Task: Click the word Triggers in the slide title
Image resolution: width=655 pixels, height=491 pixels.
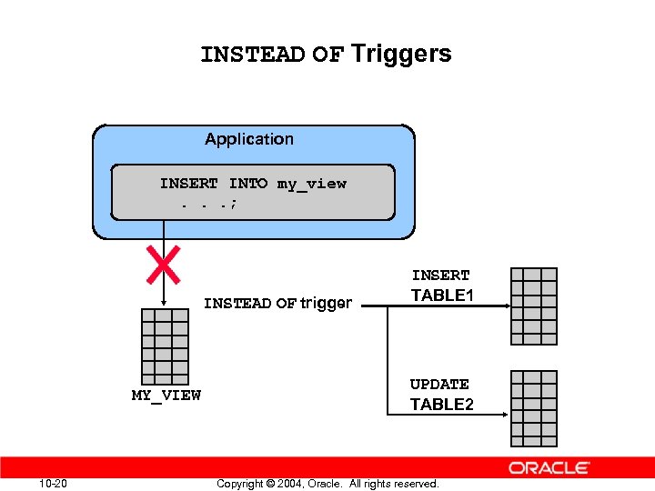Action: point(401,55)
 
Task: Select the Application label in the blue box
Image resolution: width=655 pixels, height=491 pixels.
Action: point(249,139)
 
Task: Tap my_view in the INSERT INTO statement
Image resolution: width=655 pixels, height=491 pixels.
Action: point(311,184)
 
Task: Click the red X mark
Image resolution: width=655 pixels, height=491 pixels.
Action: point(163,264)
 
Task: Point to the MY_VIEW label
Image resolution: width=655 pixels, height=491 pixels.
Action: point(166,396)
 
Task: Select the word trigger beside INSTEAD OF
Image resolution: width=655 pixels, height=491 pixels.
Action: point(326,304)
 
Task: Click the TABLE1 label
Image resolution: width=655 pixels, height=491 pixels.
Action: point(442,296)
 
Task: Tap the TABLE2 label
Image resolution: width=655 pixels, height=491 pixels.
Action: point(442,405)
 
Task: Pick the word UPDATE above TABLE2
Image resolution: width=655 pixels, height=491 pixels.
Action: point(439,385)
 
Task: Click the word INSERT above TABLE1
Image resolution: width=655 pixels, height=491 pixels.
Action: point(441,276)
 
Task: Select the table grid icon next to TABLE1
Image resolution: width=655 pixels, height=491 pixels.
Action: point(534,306)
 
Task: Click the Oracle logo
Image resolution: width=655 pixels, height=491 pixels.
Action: point(549,468)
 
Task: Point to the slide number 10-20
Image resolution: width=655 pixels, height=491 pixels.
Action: point(54,483)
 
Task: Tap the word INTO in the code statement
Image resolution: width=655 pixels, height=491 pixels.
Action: point(247,184)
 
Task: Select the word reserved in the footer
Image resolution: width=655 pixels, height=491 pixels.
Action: point(412,484)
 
